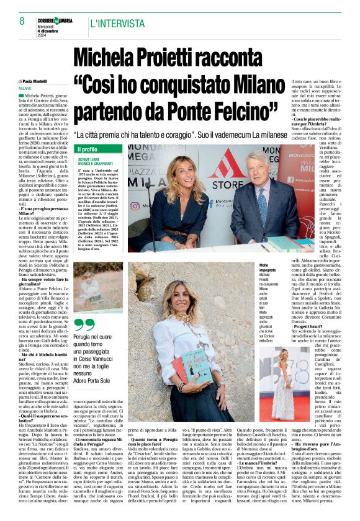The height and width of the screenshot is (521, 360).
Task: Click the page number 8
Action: (x=22, y=20)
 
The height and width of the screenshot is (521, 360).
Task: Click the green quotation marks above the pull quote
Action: (x=84, y=324)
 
